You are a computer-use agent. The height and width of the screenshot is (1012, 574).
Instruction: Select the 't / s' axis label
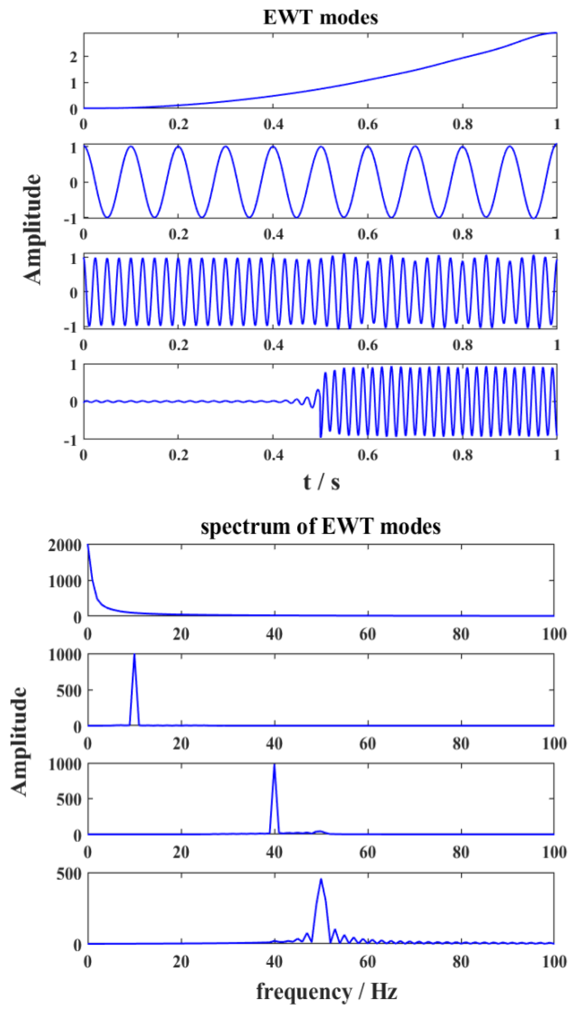click(321, 482)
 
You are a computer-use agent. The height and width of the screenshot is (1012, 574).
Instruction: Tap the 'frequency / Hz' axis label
click(326, 991)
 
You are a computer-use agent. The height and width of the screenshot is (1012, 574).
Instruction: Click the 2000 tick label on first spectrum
click(65, 546)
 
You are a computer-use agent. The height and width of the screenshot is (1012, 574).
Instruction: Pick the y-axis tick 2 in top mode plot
click(73, 57)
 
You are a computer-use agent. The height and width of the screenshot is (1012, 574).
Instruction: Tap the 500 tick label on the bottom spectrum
click(69, 874)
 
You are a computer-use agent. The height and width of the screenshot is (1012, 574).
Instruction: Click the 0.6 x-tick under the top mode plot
click(367, 125)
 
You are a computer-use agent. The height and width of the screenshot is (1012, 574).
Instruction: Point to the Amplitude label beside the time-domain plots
click(32, 229)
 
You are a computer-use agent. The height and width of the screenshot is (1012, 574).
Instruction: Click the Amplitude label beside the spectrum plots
click(19, 741)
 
